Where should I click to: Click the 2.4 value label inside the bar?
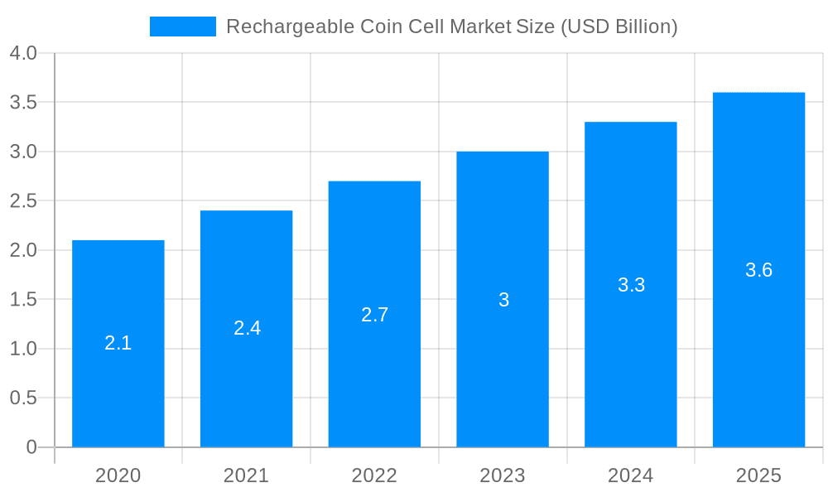[247, 328]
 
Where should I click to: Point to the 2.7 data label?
[374, 315]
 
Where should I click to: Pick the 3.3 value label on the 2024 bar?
[631, 285]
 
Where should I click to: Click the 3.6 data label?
[758, 270]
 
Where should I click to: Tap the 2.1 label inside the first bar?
[118, 343]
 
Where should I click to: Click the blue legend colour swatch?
[182, 27]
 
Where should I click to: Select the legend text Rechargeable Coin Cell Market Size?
[451, 27]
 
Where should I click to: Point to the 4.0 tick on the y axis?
[23, 53]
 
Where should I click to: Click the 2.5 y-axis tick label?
[23, 201]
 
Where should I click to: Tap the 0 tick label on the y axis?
[31, 447]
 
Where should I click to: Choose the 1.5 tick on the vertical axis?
[23, 300]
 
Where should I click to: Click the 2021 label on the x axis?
[246, 475]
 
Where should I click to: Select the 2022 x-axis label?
[374, 475]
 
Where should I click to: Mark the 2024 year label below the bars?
[630, 475]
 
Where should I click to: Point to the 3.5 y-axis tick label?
[23, 103]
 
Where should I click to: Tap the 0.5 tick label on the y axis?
[23, 398]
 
